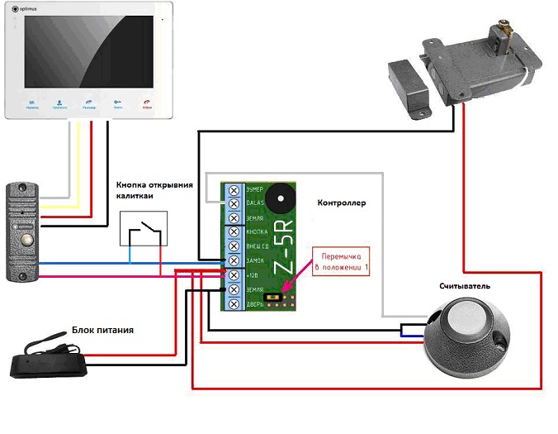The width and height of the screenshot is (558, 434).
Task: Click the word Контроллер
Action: [341, 203]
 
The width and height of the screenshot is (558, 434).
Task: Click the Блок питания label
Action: [102, 330]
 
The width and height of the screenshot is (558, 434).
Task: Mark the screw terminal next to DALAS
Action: [234, 203]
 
